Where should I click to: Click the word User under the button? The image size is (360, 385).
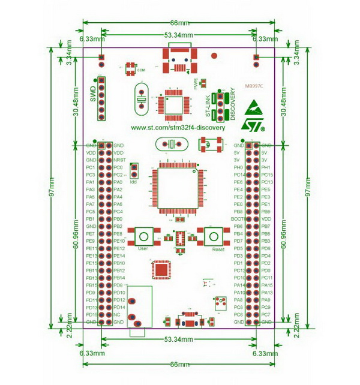[x=143, y=248]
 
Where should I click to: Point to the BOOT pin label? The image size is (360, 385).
[x=237, y=219]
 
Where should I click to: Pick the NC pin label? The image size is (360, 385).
[x=116, y=314]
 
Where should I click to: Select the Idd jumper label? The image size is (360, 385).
[x=134, y=181]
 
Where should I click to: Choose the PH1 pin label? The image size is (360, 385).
[x=266, y=167]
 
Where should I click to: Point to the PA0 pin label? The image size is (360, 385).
[x=118, y=182]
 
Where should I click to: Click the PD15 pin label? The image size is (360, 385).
[x=91, y=314]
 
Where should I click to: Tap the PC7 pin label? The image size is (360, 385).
[x=266, y=314]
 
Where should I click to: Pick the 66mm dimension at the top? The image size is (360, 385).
[x=179, y=23]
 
